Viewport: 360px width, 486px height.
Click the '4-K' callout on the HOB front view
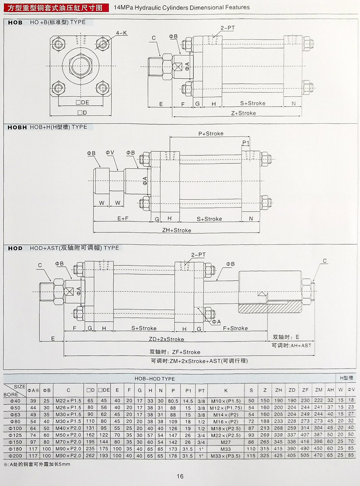pos(122,33)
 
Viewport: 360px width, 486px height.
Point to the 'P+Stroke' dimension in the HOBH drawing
pos(211,134)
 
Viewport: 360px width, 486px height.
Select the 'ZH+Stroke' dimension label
pos(177,230)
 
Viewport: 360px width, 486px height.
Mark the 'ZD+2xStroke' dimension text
pos(166,339)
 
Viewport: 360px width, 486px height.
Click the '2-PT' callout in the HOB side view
pos(228,28)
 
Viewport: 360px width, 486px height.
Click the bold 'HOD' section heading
pos(15,247)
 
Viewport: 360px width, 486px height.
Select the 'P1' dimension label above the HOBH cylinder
pos(246,143)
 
